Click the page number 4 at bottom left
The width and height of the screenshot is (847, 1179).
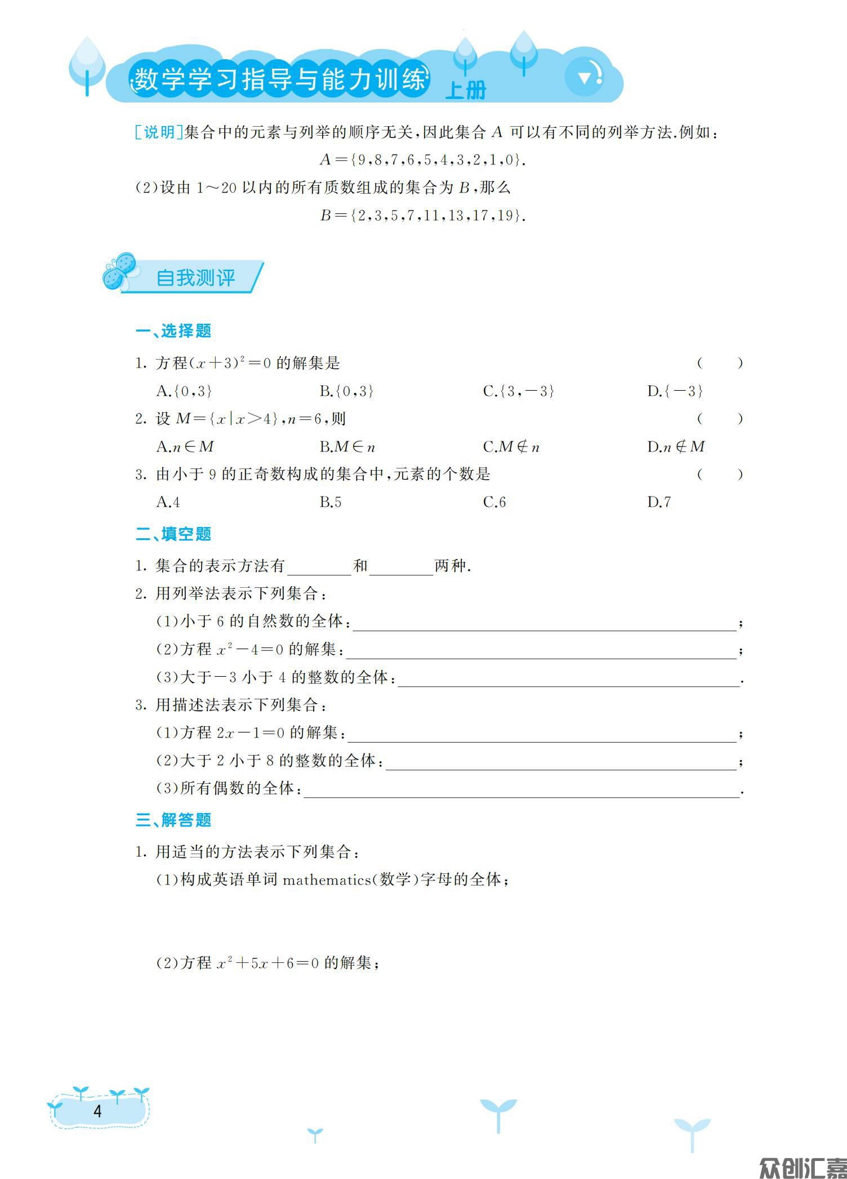click(98, 1111)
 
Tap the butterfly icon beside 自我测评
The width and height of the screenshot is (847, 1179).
click(120, 272)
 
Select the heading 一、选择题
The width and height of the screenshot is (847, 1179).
click(173, 331)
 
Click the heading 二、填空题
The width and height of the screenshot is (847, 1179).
click(173, 534)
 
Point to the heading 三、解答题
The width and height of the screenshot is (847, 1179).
click(173, 820)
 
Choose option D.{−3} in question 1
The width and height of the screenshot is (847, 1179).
click(675, 391)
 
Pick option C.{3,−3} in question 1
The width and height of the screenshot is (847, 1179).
click(519, 391)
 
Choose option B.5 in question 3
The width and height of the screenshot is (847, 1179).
click(331, 502)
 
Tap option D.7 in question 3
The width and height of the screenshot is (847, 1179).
click(659, 502)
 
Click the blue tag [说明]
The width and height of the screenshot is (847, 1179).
click(158, 132)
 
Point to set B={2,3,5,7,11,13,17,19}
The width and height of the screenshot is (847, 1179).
click(423, 215)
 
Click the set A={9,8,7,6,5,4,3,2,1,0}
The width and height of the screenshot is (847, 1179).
click(423, 160)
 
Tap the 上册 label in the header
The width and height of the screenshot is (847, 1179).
click(465, 90)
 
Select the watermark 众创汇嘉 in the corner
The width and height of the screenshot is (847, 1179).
click(801, 1167)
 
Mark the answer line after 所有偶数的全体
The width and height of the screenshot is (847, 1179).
click(521, 789)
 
